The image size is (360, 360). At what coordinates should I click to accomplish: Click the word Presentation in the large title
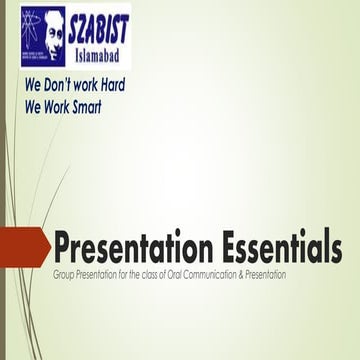click(x=120, y=247)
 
